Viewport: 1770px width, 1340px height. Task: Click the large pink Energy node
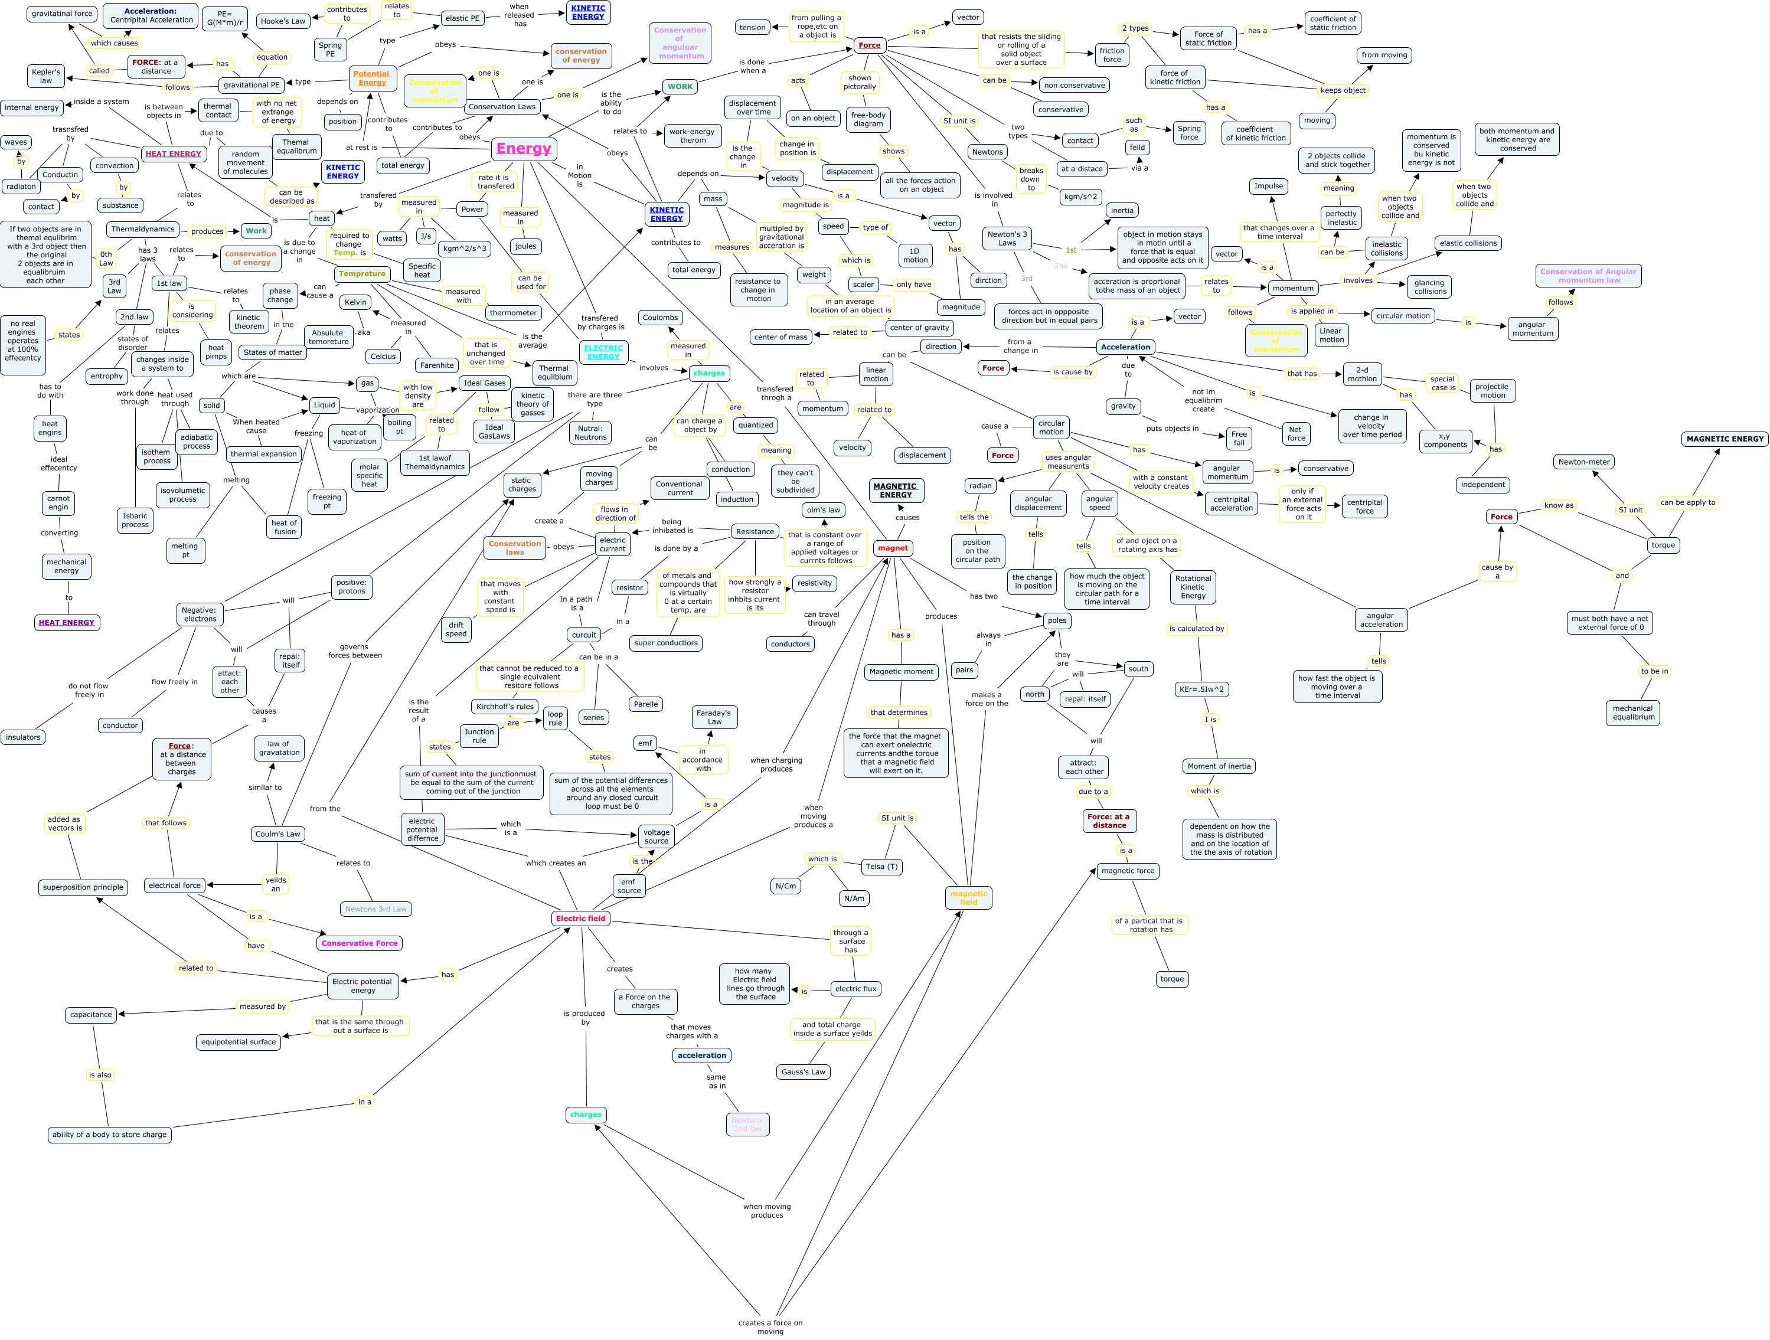523,148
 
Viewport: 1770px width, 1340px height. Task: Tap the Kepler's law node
45,76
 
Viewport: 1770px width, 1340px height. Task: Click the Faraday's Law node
714,717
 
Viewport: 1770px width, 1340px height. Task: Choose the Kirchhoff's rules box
504,707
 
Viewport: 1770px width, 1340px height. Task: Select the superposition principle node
83,887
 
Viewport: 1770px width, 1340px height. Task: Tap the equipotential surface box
239,1042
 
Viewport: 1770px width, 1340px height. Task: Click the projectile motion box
1493,390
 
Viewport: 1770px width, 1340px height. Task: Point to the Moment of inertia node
1219,766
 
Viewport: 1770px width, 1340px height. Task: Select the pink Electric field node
581,919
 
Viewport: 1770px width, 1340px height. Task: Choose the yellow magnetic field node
968,898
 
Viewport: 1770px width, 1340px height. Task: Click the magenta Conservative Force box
360,943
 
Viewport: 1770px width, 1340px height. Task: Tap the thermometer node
513,313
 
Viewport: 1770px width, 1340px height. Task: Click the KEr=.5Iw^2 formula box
1201,689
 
